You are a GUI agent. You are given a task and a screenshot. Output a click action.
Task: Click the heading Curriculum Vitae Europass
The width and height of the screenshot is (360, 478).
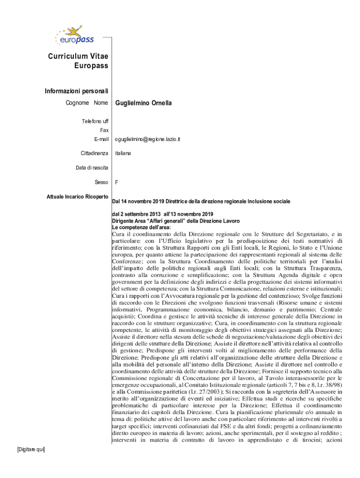point(78,61)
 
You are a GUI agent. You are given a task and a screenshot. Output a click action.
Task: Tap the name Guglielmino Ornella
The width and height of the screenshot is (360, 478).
point(143,103)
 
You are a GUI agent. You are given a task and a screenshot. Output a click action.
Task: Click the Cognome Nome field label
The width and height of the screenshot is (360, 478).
point(88,103)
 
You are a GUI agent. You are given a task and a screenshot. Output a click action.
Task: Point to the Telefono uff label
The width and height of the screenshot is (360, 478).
point(95,121)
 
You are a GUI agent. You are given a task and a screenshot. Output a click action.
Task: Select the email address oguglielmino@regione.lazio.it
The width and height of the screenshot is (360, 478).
point(147,139)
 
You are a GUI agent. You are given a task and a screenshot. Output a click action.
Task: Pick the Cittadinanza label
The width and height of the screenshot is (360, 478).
point(94,153)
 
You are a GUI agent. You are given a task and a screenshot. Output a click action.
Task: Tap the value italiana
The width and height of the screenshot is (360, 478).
point(123,153)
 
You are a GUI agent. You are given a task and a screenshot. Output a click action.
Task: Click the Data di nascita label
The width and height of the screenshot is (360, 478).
point(92,168)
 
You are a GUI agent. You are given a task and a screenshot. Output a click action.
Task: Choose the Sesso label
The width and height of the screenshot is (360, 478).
point(101,182)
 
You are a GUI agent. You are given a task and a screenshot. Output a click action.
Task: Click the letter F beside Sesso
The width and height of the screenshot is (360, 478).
point(116,182)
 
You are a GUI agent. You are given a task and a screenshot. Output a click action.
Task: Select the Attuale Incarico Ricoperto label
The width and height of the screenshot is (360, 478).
point(78,197)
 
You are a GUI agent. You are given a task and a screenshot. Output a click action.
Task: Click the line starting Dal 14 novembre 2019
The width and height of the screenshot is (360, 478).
point(201,201)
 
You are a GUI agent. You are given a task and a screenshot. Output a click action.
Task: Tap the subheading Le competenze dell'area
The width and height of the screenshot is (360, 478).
point(141,227)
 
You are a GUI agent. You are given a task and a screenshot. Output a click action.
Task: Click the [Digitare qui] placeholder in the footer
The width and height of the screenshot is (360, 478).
point(30,449)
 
